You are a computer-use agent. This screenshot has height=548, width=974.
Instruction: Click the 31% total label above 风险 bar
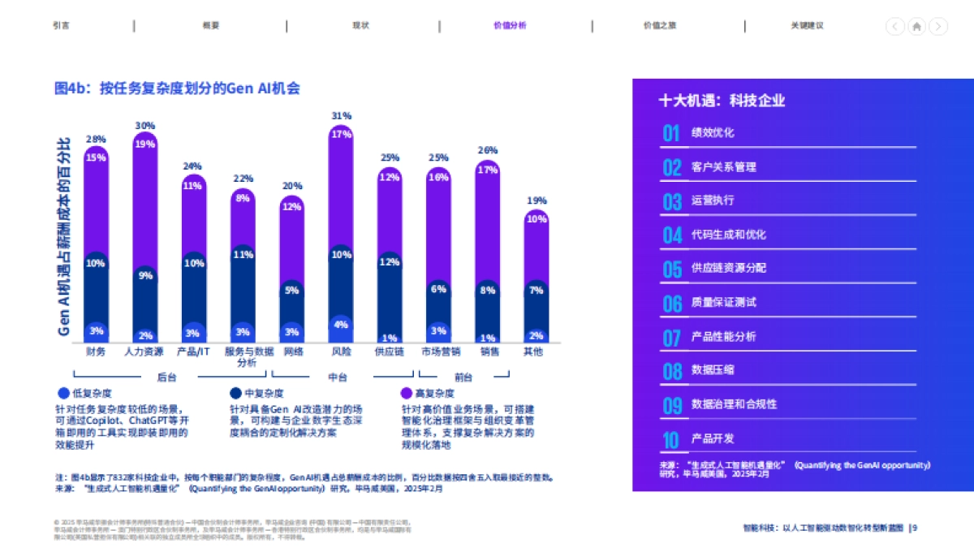[x=341, y=116]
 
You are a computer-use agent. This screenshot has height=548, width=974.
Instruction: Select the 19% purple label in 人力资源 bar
[x=145, y=144]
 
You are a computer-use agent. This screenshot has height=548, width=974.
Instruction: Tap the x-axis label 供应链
[x=390, y=352]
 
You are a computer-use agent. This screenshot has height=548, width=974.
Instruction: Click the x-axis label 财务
[x=96, y=352]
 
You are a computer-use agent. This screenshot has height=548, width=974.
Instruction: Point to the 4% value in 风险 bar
[x=341, y=325]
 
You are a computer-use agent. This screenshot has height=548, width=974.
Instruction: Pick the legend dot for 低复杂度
[x=64, y=393]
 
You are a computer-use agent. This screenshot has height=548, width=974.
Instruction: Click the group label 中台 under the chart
[x=338, y=377]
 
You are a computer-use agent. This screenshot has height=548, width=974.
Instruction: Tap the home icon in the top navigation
[x=916, y=26]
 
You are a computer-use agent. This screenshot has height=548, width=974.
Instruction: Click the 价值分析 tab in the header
[x=510, y=25]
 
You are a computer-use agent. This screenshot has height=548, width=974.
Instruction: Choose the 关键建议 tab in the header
[x=808, y=25]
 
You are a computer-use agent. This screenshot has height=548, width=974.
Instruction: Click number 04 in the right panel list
[x=671, y=235]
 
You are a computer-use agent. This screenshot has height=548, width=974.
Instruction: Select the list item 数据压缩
[x=713, y=370]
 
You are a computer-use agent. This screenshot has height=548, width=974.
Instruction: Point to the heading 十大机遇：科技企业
[x=722, y=101]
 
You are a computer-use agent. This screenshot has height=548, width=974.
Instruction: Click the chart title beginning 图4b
[x=177, y=88]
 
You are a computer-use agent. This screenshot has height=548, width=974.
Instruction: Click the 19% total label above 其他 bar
[x=536, y=201]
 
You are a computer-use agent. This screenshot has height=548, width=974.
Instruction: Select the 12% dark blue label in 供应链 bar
[x=390, y=262]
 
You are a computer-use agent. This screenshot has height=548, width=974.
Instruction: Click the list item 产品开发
[x=713, y=438]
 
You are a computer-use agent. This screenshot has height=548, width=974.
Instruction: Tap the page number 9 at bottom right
[x=916, y=528]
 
